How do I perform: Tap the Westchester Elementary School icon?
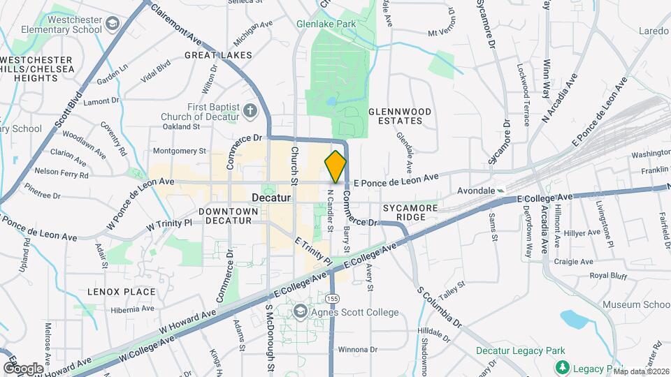pos(111,25)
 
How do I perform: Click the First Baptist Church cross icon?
pos(250,110)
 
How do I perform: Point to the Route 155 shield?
pos(333,298)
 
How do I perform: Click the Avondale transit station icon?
pos(500,190)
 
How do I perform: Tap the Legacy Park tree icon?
pos(561,367)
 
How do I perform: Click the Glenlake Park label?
pos(326,24)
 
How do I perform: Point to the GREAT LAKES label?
pos(212,54)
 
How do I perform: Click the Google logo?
pos(23,368)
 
